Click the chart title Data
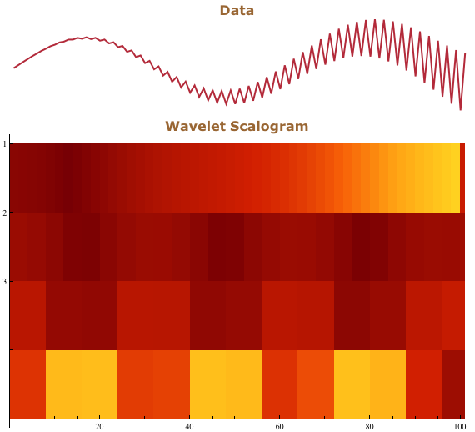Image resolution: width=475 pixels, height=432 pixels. pyautogui.click(x=237, y=11)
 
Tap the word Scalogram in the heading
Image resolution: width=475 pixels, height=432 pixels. pyautogui.click(x=269, y=127)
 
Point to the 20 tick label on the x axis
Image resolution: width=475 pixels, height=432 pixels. pyautogui.click(x=99, y=427)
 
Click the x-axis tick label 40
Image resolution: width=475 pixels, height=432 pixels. pyautogui.click(x=189, y=427)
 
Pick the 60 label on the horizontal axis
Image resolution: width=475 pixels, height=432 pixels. pyautogui.click(x=279, y=427)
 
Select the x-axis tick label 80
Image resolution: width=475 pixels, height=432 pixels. pyautogui.click(x=369, y=427)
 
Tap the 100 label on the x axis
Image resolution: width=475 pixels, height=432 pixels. pyautogui.click(x=460, y=427)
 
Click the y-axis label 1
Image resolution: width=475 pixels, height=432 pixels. pyautogui.click(x=4, y=144)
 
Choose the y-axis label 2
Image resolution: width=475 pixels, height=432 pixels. pyautogui.click(x=4, y=213)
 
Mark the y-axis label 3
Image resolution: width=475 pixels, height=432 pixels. pyautogui.click(x=4, y=282)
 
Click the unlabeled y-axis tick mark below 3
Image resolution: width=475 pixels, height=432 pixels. pyautogui.click(x=12, y=349)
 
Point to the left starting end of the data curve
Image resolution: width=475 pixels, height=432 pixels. pyautogui.click(x=14, y=68)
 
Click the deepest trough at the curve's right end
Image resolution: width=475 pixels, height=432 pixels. pyautogui.click(x=461, y=109)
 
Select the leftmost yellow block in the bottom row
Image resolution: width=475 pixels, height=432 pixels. pyautogui.click(x=82, y=384)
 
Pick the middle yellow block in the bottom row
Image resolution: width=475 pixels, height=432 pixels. pyautogui.click(x=226, y=384)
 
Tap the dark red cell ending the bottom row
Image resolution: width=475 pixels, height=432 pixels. pyautogui.click(x=453, y=384)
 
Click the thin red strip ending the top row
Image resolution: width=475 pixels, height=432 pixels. pyautogui.click(x=462, y=178)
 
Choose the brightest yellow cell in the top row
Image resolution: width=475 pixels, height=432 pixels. pyautogui.click(x=455, y=178)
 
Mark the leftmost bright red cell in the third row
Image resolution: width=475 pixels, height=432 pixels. pyautogui.click(x=27, y=315)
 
